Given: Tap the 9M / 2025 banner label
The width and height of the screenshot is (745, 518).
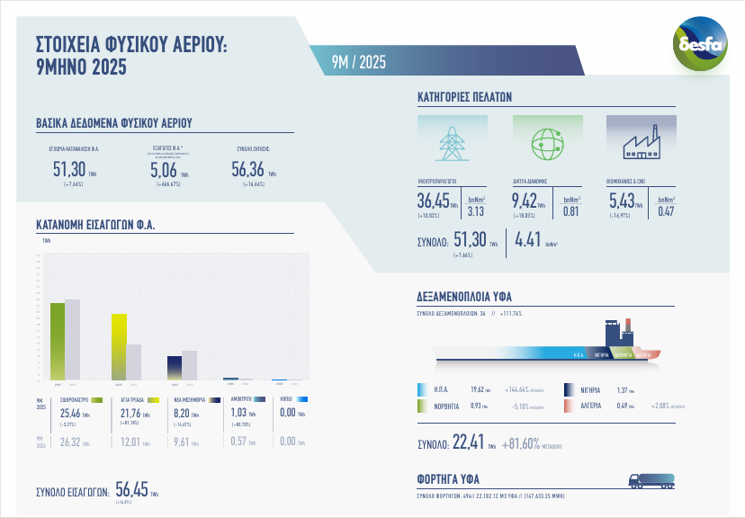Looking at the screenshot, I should [359, 62].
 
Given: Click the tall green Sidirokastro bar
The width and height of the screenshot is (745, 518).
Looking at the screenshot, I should [58, 342].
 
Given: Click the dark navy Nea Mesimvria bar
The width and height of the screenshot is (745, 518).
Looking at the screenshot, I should [175, 368].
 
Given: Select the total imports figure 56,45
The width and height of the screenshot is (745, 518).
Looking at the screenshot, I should [130, 489].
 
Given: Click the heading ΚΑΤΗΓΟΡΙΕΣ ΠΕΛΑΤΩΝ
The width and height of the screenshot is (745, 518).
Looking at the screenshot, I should [464, 96].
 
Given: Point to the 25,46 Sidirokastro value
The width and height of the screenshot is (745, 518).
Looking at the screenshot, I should [67, 413].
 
